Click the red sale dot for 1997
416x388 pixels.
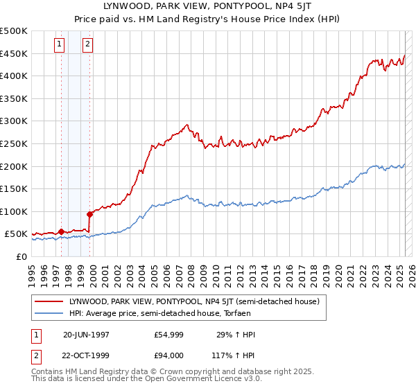61,231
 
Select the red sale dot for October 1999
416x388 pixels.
90,214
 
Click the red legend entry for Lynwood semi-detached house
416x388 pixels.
193,302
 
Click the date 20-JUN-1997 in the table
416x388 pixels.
86,335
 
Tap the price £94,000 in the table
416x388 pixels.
169,355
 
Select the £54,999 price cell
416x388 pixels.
169,335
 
